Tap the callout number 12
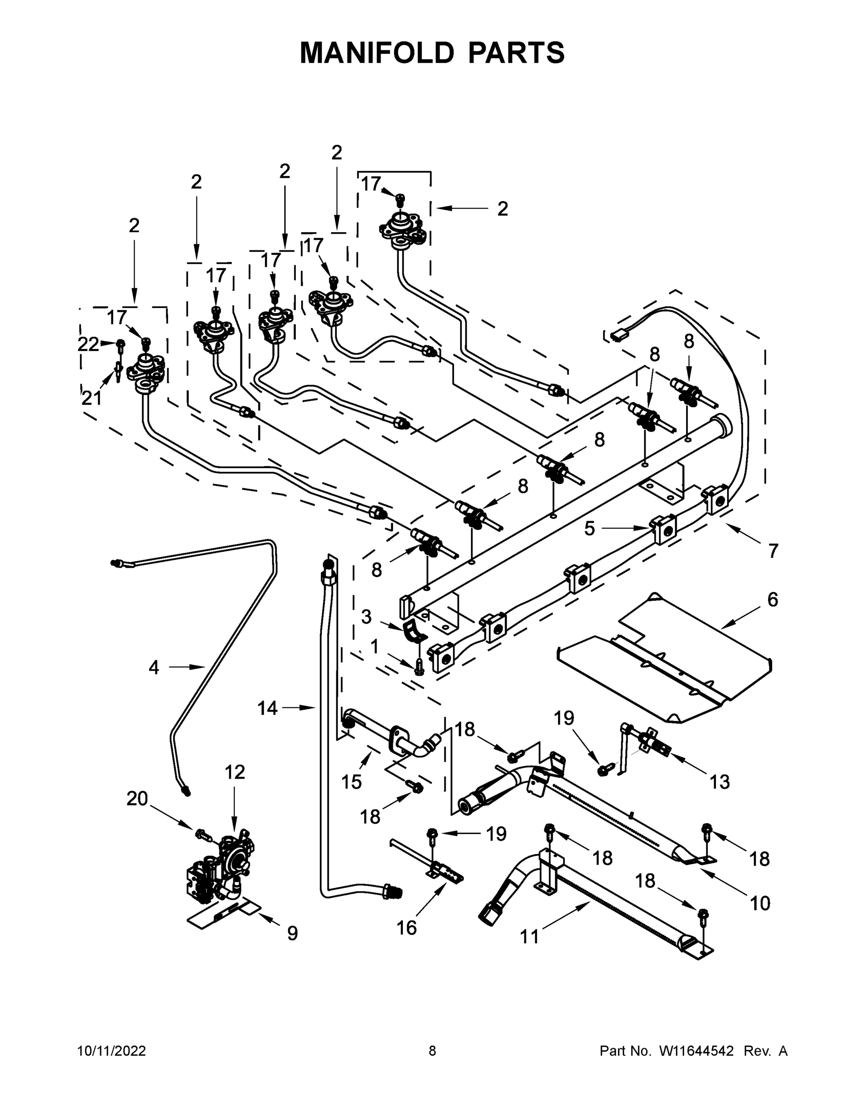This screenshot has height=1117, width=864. pos(235,772)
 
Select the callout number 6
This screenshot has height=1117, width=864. pos(772,599)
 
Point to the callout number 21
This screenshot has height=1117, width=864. pos(92,398)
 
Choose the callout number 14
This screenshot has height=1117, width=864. pos(267,708)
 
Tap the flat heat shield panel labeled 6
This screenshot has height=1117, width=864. pos(666,665)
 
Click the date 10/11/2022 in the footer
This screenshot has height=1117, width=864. pos(112,1050)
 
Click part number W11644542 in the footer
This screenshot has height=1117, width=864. pos(697,1050)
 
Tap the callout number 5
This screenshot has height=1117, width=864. pos(590,529)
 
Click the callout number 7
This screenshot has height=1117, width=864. pos(773,551)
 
